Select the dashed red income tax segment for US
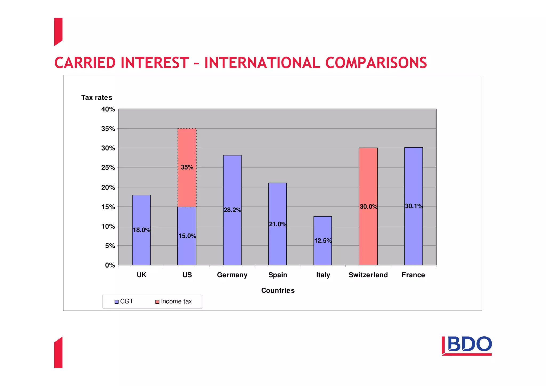(x=187, y=149)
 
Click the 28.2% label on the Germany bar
(x=232, y=210)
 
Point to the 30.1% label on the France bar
(x=413, y=206)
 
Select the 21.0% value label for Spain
(x=278, y=224)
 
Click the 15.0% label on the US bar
(x=187, y=236)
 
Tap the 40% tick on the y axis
(x=108, y=109)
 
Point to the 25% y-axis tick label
(x=108, y=168)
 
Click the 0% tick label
(x=110, y=265)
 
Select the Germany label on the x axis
(x=232, y=275)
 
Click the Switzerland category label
(x=368, y=275)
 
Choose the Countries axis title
(x=278, y=290)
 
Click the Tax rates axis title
(x=97, y=98)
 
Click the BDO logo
(x=467, y=345)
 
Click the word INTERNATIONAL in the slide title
(x=262, y=63)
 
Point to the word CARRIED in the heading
(x=85, y=63)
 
